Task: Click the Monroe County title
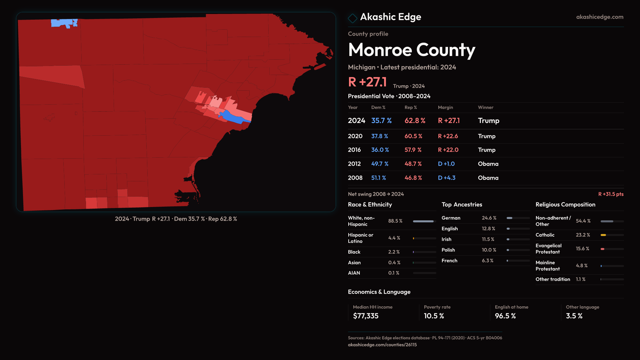(x=411, y=50)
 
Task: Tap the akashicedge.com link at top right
(x=599, y=17)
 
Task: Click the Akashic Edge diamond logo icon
(x=352, y=18)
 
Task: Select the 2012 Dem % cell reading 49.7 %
(x=380, y=164)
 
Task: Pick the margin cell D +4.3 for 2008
(x=446, y=178)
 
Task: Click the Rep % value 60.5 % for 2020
(x=413, y=136)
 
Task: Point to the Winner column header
(x=485, y=107)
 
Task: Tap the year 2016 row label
(x=354, y=150)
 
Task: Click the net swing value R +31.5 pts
(x=611, y=194)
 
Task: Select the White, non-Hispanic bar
(x=423, y=221)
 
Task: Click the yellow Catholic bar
(x=603, y=235)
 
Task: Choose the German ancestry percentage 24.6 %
(x=489, y=218)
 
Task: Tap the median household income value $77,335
(x=366, y=316)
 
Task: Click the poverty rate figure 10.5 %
(x=434, y=316)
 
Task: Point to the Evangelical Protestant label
(x=548, y=249)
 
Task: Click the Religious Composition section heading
(x=565, y=205)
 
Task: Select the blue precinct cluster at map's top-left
(x=63, y=23)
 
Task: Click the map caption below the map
(x=176, y=219)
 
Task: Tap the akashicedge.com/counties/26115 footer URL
(x=382, y=345)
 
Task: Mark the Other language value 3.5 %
(x=574, y=316)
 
